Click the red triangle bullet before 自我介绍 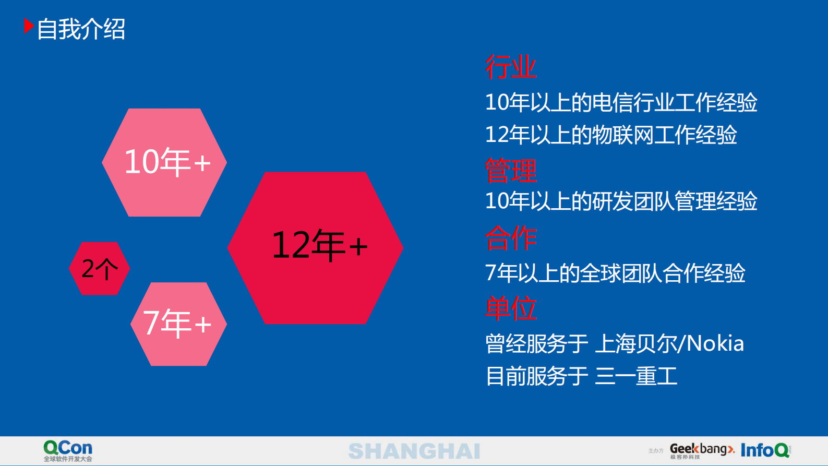[x=29, y=26]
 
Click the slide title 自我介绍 [x=81, y=29]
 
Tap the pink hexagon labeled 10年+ [x=164, y=162]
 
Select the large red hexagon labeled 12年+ [x=316, y=247]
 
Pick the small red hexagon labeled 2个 [x=99, y=268]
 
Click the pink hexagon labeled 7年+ [x=178, y=324]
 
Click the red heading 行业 [x=510, y=67]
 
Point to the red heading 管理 [x=510, y=170]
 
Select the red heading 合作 [x=510, y=238]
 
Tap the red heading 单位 [x=510, y=308]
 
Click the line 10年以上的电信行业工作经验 [x=621, y=102]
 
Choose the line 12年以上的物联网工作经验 [x=610, y=135]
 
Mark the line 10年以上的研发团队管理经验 [x=621, y=201]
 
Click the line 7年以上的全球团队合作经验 [x=615, y=273]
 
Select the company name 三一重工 [x=636, y=376]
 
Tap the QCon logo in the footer [x=68, y=450]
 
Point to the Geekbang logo [x=701, y=450]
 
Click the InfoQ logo [x=765, y=450]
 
